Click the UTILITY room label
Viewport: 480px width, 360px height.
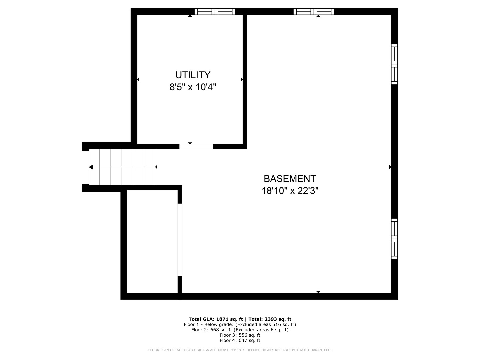[x=193, y=75]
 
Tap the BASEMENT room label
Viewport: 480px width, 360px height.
[x=290, y=179]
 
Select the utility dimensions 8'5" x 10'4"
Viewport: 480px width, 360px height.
[x=193, y=87]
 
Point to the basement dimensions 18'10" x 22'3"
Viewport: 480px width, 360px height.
[x=290, y=191]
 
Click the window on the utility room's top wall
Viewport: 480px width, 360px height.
[x=215, y=12]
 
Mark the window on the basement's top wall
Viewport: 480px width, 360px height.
[x=314, y=12]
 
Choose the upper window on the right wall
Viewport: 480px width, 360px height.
[x=394, y=64]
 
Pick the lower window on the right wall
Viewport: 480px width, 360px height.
[x=394, y=239]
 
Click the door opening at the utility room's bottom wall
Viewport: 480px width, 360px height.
[x=196, y=146]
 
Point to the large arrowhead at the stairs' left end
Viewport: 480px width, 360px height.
[x=91, y=167]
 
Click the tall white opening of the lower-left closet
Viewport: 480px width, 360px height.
[x=180, y=240]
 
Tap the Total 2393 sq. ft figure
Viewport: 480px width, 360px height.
[x=278, y=319]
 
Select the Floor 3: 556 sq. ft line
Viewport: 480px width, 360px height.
[x=240, y=335]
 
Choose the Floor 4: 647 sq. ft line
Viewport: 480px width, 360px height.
[x=240, y=340]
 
